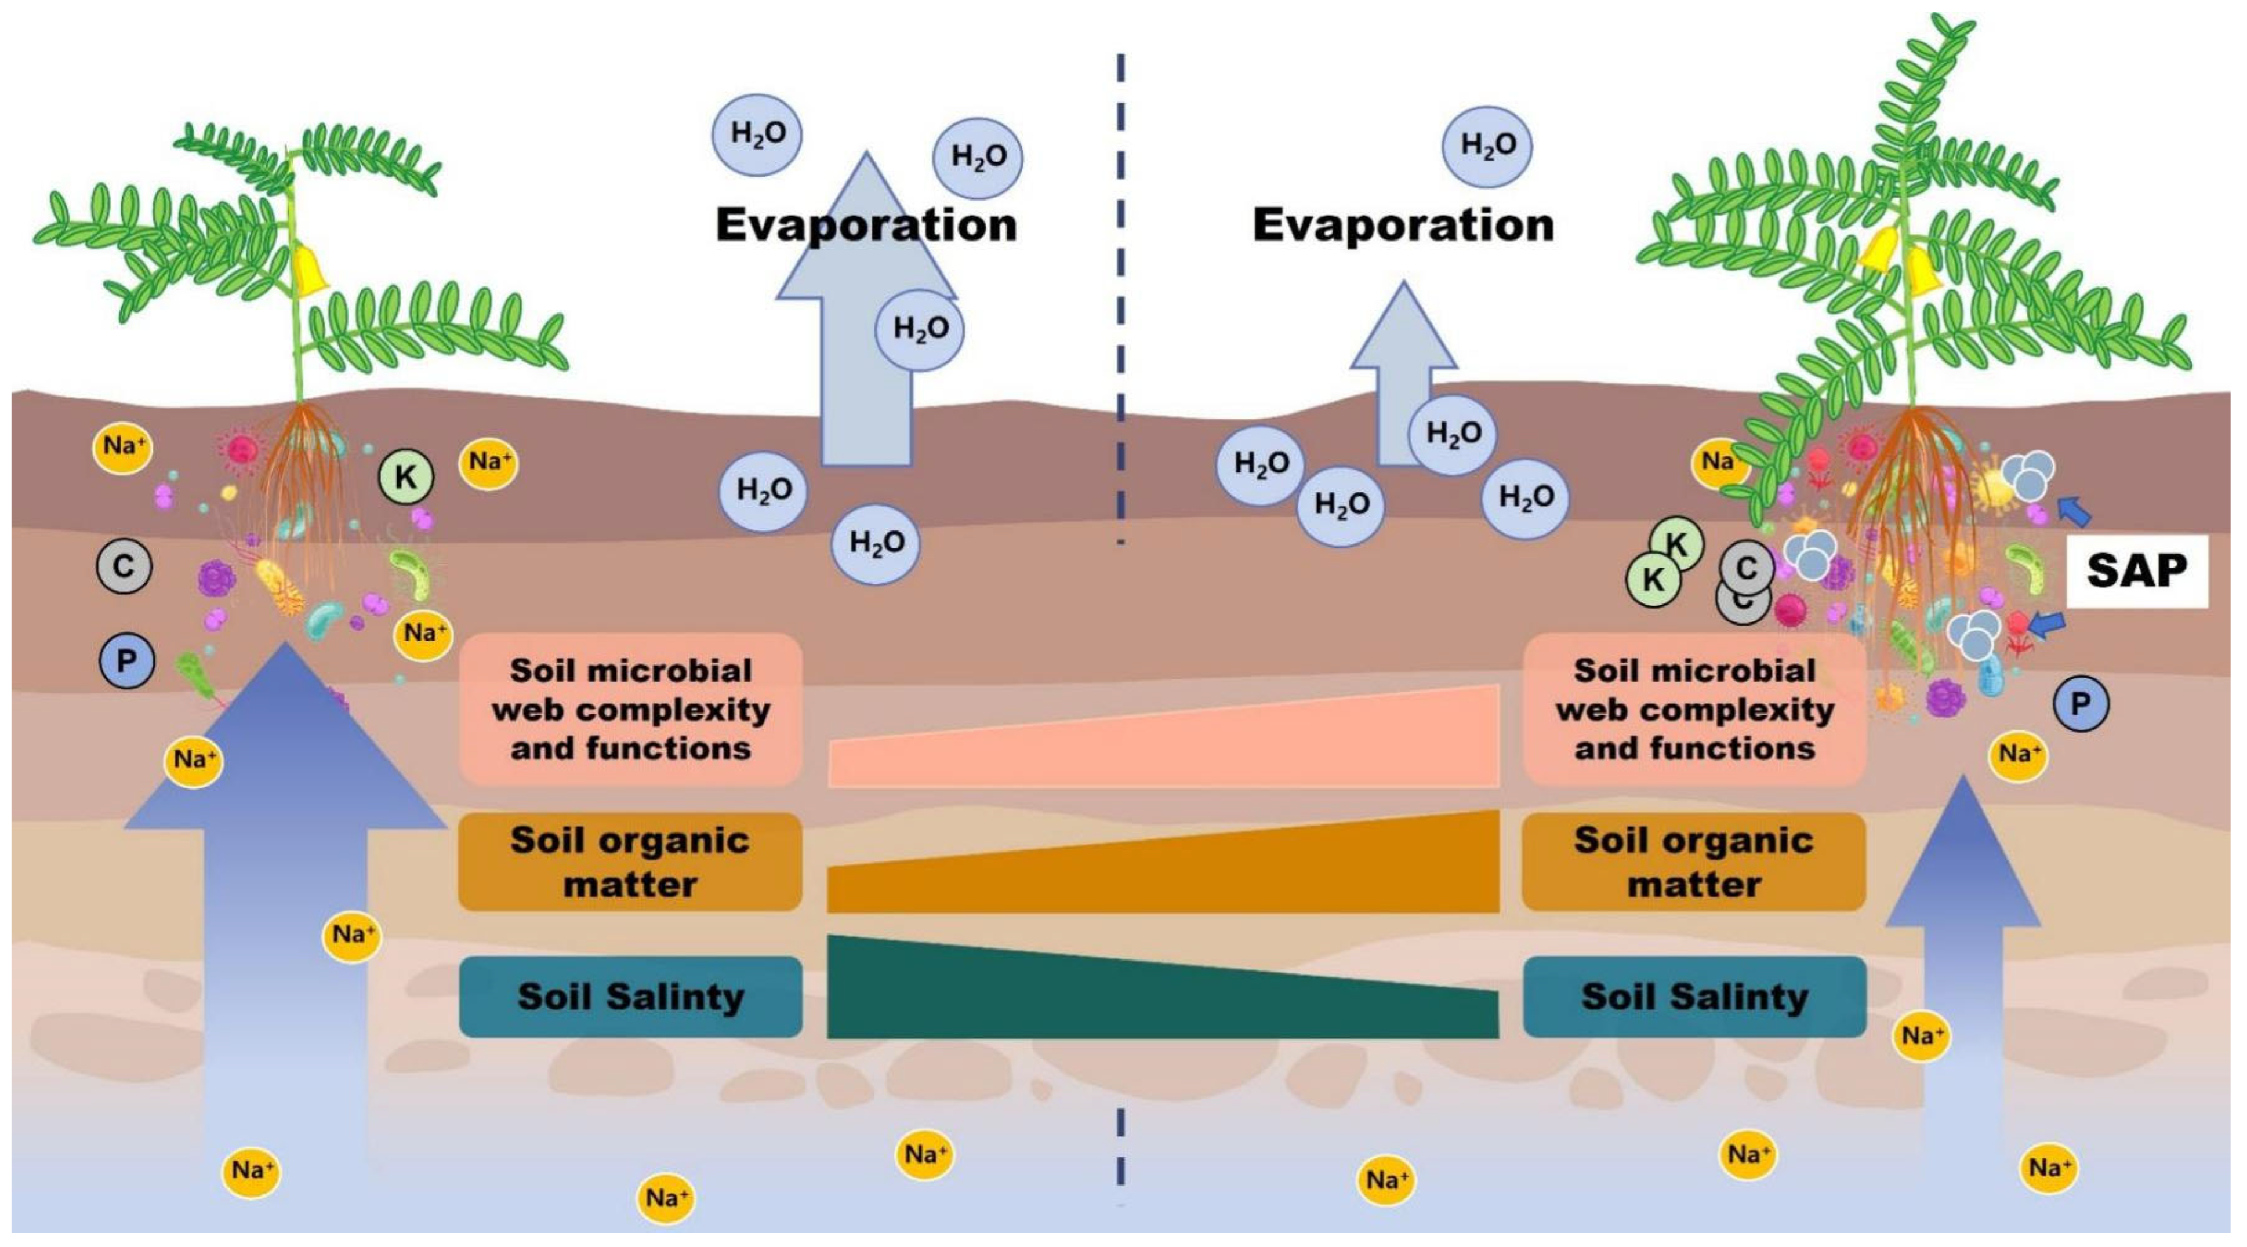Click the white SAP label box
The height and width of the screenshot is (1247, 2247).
pyautogui.click(x=2136, y=571)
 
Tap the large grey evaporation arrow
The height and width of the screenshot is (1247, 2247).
pyautogui.click(x=866, y=384)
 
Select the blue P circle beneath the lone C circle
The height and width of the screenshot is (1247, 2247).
pyautogui.click(x=126, y=661)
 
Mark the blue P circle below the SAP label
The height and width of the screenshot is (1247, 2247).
pyautogui.click(x=2081, y=704)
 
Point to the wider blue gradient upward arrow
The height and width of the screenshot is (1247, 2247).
pyautogui.click(x=285, y=872)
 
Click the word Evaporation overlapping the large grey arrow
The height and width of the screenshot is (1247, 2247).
pyautogui.click(x=866, y=225)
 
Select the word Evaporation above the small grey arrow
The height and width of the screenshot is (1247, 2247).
pyautogui.click(x=1403, y=225)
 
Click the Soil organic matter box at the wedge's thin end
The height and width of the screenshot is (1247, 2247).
pyautogui.click(x=630, y=861)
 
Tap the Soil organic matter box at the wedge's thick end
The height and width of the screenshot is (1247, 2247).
pyautogui.click(x=1694, y=861)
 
